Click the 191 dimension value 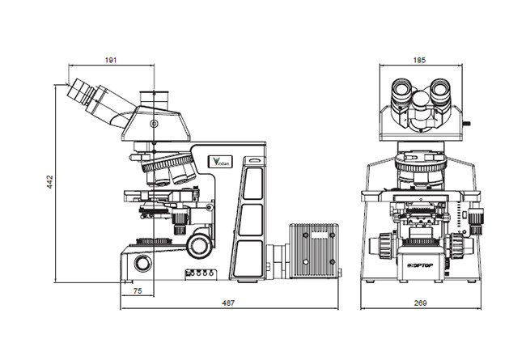111,60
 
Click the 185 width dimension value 419,60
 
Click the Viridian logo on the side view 219,161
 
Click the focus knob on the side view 198,244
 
